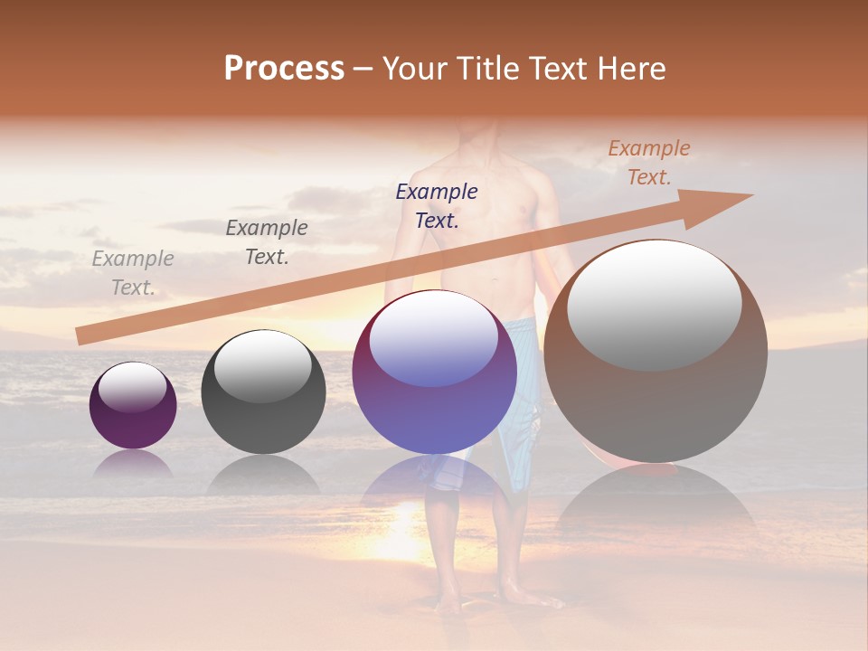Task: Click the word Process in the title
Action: pyautogui.click(x=284, y=69)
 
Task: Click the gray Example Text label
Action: pyautogui.click(x=133, y=273)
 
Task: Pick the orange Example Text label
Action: pyautogui.click(x=648, y=163)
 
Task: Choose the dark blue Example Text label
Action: pyautogui.click(x=437, y=205)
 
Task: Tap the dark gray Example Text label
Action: pyautogui.click(x=267, y=242)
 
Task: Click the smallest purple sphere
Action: pyautogui.click(x=133, y=416)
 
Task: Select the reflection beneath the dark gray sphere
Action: pyautogui.click(x=263, y=474)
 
